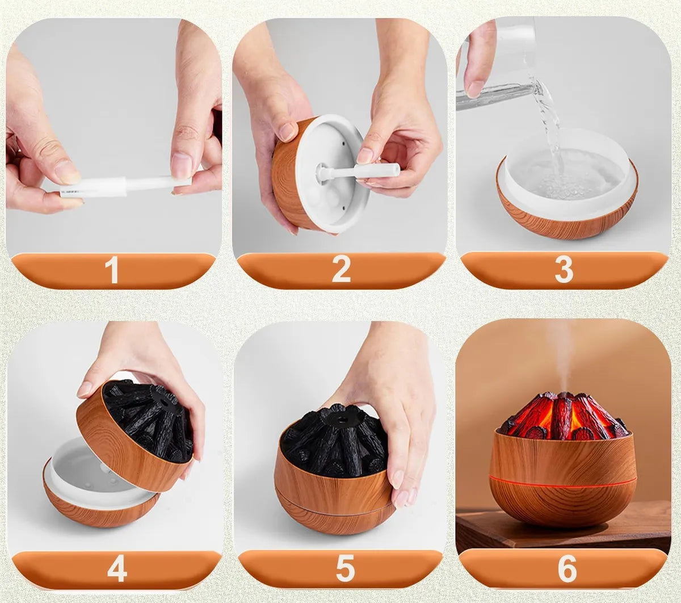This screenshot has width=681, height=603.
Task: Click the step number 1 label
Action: [112, 270]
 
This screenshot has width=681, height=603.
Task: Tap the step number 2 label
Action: [340, 270]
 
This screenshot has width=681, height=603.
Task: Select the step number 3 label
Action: [564, 270]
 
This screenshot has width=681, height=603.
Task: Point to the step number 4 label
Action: [117, 569]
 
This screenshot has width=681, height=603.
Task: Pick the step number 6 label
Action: [566, 569]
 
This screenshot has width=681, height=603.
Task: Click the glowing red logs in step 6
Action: [562, 417]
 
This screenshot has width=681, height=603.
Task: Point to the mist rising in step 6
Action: [560, 352]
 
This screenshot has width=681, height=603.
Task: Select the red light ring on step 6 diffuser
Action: [562, 484]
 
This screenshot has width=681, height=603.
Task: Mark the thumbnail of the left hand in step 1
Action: [67, 171]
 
